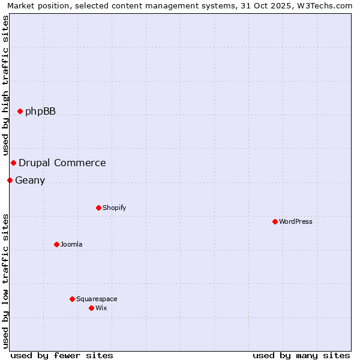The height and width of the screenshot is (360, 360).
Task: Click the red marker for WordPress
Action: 275,221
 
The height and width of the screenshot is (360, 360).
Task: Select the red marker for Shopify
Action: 98,208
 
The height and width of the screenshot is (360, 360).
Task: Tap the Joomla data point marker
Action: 56,244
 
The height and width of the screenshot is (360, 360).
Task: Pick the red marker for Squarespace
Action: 72,299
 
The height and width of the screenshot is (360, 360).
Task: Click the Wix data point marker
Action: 91,308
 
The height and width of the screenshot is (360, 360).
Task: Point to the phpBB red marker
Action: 20,111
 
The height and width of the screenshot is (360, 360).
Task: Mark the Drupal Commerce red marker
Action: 13,163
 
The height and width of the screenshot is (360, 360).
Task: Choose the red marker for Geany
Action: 10,180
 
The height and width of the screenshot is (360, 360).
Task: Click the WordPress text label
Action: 296,221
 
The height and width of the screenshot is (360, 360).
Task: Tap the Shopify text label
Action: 114,208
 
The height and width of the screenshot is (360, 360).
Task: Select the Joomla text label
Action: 71,244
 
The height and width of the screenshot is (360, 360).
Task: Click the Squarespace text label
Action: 97,299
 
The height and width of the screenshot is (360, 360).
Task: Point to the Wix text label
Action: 101,308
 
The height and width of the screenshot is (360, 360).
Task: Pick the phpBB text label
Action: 40,111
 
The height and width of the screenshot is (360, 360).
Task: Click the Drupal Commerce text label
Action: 62,163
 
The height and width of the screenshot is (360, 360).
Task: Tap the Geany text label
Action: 30,180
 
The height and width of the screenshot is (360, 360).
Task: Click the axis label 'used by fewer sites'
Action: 62,355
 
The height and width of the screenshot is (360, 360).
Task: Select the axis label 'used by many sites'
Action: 301,355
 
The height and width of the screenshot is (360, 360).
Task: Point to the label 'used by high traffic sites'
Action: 6,85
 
